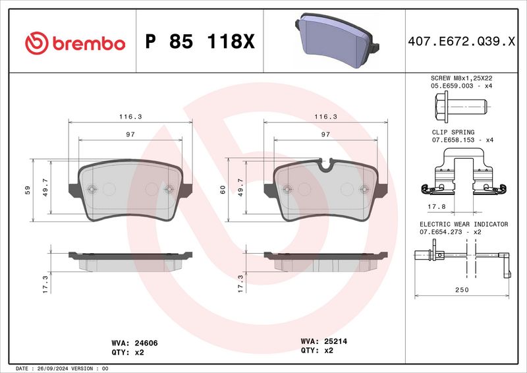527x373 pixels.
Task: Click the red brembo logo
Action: [x=75, y=43]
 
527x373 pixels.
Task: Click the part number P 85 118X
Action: [x=200, y=42]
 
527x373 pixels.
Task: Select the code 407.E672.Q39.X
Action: [x=461, y=42]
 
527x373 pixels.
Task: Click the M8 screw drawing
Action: [x=460, y=107]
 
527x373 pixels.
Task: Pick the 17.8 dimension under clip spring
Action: [x=437, y=206]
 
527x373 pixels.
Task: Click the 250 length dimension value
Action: [x=462, y=289]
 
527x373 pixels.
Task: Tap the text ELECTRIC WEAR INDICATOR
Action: [x=464, y=224]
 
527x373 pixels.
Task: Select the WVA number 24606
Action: [x=146, y=343]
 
